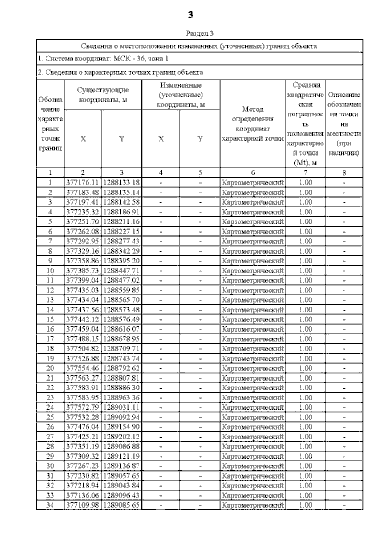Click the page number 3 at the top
coord(190,15)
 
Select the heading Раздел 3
coord(200,33)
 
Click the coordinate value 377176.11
coord(82,183)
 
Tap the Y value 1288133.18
coord(121,183)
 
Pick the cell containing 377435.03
coord(82,290)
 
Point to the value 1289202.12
coord(121,437)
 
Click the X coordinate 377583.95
coord(82,397)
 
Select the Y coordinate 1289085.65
coord(121,505)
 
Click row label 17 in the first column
coord(50,339)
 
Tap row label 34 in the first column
coord(50,505)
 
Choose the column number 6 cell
coord(253,173)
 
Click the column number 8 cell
coord(344,173)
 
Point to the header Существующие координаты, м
coord(103,95)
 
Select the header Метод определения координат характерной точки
coord(253,124)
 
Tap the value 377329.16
coord(82,251)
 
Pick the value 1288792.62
coord(121,368)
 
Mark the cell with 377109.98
coord(82,505)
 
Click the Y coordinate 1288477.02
coord(121,280)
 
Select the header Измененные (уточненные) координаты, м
coord(180,95)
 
